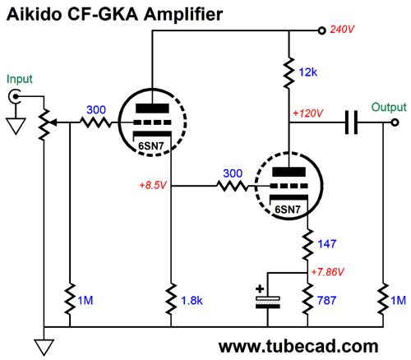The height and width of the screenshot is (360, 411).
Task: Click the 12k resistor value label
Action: pos(307,72)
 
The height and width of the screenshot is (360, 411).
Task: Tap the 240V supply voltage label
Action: pos(342,30)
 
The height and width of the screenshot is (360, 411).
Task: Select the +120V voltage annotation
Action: pos(308,113)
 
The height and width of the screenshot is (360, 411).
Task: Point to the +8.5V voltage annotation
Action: pos(153,185)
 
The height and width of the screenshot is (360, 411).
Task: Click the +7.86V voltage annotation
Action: pos(328,272)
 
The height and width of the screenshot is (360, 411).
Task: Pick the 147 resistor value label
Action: pos(326,244)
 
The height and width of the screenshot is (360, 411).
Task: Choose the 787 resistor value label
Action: pos(326,301)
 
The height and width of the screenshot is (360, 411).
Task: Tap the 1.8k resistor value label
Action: pos(192,301)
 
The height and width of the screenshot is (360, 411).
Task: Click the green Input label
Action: pos(20,79)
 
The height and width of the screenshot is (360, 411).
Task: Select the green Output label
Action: pos(389,107)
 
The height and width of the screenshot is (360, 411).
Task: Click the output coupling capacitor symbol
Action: pos(351,122)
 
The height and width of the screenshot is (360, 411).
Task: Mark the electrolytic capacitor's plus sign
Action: pos(260,288)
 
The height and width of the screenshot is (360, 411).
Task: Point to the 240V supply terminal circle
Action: pos(322,30)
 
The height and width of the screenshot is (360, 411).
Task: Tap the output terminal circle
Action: pos(395,122)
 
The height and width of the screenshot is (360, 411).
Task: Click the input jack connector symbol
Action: pos(14,96)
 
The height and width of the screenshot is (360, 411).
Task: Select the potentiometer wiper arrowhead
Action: pos(54,122)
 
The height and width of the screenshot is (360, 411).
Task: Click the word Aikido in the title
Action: pos(35,14)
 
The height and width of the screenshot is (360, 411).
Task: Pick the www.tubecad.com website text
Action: pos(298,346)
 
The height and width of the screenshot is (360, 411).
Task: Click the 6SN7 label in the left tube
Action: pos(151,146)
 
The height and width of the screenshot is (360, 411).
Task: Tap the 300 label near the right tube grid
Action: pos(233,173)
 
